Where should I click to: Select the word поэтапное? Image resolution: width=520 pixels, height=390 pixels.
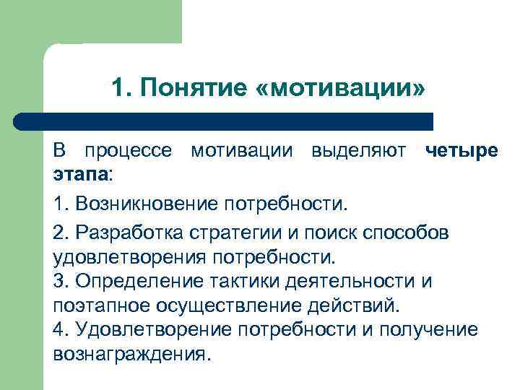pyautogui.click(x=95, y=305)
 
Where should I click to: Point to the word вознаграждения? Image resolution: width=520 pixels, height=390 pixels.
pyautogui.click(x=129, y=354)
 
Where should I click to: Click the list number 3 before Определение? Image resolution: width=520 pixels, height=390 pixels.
pyautogui.click(x=60, y=281)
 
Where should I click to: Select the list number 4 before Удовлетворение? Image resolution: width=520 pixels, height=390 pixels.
pyautogui.click(x=60, y=329)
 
